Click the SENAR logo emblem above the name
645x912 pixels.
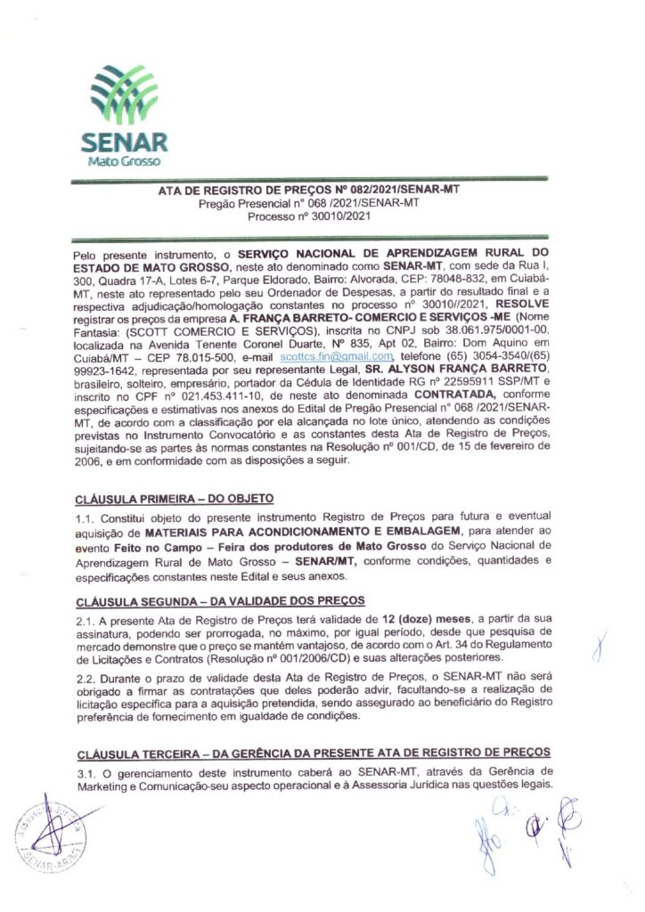click(x=124, y=97)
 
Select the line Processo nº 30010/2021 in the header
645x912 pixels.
click(x=309, y=216)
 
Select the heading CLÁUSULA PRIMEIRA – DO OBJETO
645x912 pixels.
click(x=175, y=497)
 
